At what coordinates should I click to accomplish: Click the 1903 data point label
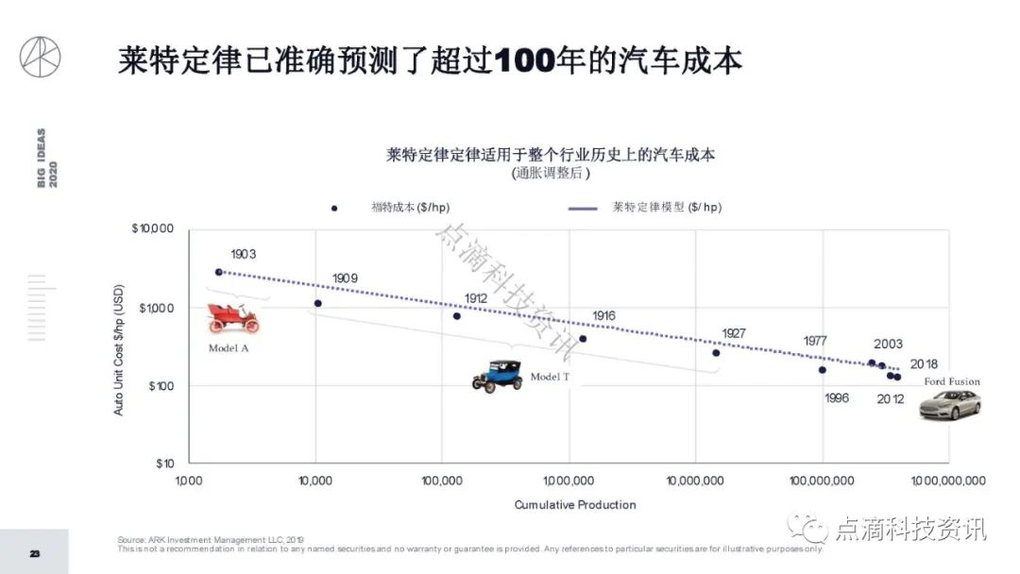click(x=244, y=254)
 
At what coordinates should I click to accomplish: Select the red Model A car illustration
click(x=233, y=318)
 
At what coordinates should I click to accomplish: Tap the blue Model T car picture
click(x=498, y=376)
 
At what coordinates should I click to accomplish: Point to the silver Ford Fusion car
click(x=951, y=405)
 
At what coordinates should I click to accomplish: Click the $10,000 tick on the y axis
click(x=153, y=229)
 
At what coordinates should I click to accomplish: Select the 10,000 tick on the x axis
click(x=315, y=481)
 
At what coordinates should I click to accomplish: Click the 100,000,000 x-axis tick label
click(x=822, y=481)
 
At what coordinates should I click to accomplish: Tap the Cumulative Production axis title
click(x=574, y=505)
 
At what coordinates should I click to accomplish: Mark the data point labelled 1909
click(x=318, y=303)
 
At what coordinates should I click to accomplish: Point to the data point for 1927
click(x=716, y=353)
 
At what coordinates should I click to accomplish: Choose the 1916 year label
click(x=603, y=316)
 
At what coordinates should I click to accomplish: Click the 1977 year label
click(x=816, y=341)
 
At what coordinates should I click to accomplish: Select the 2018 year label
click(x=924, y=364)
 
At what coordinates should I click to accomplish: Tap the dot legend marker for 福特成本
click(x=334, y=208)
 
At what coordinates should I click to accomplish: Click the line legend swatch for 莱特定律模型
click(x=583, y=208)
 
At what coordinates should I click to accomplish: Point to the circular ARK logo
click(x=40, y=57)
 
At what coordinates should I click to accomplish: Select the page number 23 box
click(x=34, y=552)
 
